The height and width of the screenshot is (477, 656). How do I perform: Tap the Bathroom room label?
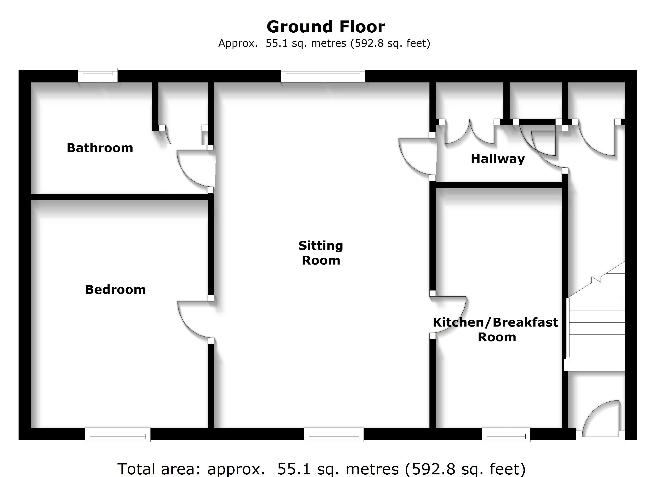point(100,148)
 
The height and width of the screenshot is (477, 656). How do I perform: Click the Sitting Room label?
point(321,253)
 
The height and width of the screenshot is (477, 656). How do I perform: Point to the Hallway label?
point(498,159)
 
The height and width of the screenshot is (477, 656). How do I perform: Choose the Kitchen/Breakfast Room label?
point(495,330)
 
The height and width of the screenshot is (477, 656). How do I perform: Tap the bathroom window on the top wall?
point(98,75)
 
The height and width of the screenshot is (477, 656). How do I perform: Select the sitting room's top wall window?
point(323,75)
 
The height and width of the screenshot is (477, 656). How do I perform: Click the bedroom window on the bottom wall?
point(117,435)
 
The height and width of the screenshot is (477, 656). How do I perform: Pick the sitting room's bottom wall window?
point(334,435)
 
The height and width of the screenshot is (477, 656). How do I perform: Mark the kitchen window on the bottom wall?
point(506,435)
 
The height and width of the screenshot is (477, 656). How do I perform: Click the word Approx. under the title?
point(238,43)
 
